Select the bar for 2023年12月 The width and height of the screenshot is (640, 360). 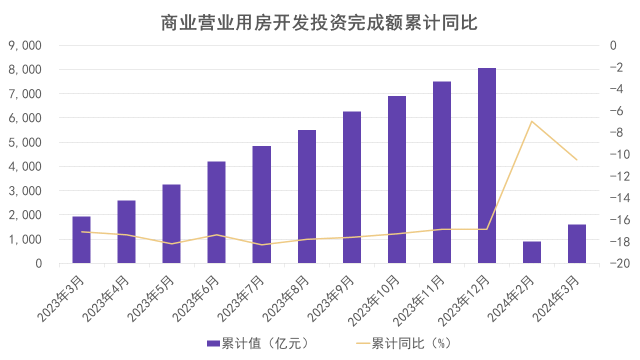click(x=487, y=165)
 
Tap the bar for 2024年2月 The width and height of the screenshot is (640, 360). click(x=532, y=252)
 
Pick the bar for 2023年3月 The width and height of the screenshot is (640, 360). click(x=81, y=240)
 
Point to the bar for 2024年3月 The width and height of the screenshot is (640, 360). click(x=577, y=244)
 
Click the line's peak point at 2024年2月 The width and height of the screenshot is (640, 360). click(x=532, y=121)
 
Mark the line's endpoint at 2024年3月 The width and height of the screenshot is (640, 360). click(x=577, y=160)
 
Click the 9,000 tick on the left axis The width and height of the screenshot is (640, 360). click(x=25, y=45)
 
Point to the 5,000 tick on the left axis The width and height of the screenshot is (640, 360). click(x=25, y=142)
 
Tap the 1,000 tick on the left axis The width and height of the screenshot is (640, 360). click(x=25, y=239)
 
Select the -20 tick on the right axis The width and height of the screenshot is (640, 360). click(x=615, y=263)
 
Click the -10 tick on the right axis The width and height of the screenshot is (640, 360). click(x=615, y=154)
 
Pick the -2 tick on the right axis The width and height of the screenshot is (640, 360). click(x=616, y=67)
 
